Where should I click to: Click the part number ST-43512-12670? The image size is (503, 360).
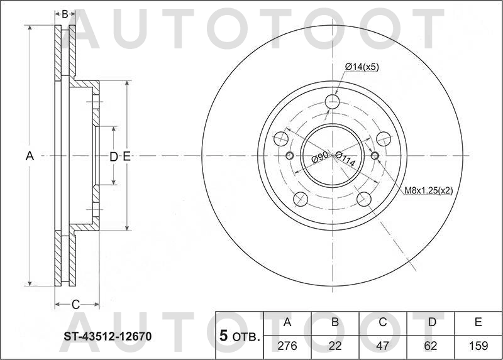pos(107,337)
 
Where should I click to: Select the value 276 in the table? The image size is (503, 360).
pos(288,346)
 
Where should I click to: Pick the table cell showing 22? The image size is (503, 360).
pos(335,346)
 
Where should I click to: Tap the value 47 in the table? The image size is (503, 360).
pos(383,346)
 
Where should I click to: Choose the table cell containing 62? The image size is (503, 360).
pos(431,346)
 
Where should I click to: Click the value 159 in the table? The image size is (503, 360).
pos(478,346)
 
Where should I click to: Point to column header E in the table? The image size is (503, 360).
pos(478,323)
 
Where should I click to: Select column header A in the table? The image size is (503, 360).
pos(288,323)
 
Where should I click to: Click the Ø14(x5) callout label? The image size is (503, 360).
pos(362,67)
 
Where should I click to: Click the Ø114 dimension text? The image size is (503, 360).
pos(345,160)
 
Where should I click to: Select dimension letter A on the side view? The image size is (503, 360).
pos(29,156)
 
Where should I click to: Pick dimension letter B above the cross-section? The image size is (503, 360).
pos(65,13)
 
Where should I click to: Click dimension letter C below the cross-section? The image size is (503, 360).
pos(75,305)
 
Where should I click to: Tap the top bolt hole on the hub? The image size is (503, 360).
pos(333,102)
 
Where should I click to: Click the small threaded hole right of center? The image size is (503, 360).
pos(375,156)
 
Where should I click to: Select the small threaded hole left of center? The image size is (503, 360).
pos(290,156)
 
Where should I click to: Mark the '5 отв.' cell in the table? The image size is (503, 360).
pos(240,336)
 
